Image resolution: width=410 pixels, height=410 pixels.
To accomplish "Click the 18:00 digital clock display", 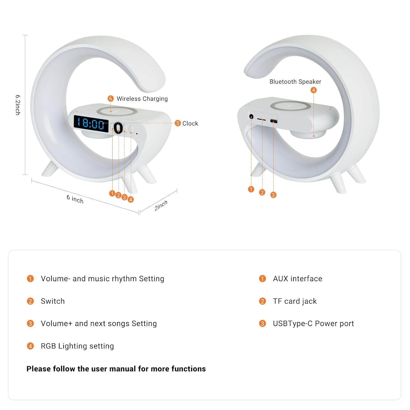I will pos(91,124).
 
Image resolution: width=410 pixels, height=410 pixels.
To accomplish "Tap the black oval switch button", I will pos(118,128).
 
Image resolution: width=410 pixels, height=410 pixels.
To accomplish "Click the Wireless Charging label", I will pos(142,99).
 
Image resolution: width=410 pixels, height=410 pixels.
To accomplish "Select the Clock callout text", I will pos(190,124).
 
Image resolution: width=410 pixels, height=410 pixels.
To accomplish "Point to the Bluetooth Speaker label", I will pos(295,82).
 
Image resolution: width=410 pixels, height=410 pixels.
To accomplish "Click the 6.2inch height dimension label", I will pos(18,105).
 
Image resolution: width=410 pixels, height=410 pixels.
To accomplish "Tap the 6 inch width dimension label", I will pos(75,199).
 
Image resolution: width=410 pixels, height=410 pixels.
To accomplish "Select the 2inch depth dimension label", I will pos(161,206).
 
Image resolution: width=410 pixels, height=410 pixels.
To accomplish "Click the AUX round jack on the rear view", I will pos(251,117).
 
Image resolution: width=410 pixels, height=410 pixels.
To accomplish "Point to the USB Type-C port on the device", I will pos(274,121).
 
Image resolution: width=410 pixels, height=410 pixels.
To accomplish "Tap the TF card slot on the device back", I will pos(261,120).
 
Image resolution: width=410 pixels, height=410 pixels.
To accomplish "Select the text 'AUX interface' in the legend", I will pos(297,279).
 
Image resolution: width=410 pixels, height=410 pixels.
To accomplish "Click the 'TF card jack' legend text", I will pos(295,301).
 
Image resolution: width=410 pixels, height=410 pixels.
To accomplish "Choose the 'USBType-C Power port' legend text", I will pos(313,324).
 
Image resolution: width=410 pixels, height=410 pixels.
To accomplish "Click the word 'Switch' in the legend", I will pos(53,301).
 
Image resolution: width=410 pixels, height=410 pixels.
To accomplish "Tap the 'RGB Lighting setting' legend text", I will pos(77,346).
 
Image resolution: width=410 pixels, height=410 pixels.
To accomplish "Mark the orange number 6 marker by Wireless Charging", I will pos(110,98).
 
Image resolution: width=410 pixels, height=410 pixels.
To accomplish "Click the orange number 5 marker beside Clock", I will pos(178,123).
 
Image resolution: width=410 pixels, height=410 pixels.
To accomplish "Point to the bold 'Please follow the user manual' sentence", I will pos(116,369).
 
